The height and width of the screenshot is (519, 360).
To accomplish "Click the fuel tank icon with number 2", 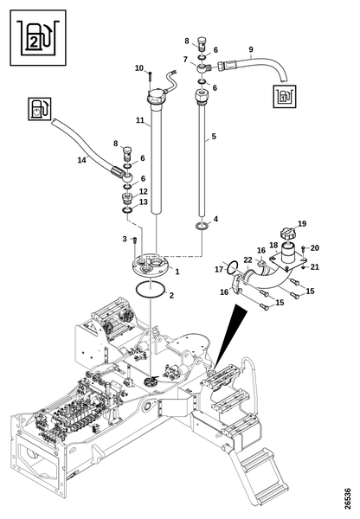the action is click(x=38, y=37).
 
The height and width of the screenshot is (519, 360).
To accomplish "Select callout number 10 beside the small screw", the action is click(x=139, y=68).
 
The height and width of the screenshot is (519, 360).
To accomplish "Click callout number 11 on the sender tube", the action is click(x=140, y=120).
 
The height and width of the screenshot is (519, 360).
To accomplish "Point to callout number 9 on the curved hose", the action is click(x=251, y=49).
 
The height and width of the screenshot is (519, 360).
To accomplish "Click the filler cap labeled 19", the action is click(x=287, y=233).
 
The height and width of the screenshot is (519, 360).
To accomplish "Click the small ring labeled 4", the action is click(x=202, y=226).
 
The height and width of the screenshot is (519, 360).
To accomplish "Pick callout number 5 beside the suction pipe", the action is click(x=214, y=136).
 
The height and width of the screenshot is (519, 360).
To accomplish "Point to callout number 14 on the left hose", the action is click(x=82, y=160).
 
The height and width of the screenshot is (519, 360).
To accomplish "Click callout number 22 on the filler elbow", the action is click(x=247, y=260).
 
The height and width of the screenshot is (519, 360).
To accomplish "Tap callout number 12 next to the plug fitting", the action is click(x=143, y=191).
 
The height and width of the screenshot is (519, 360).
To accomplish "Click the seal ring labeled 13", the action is click(x=127, y=210).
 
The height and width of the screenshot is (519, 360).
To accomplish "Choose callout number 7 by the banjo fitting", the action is click(x=185, y=60).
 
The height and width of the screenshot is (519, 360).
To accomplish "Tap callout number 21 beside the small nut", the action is click(x=315, y=266).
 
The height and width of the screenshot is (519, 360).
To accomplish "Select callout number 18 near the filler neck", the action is click(x=273, y=246).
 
